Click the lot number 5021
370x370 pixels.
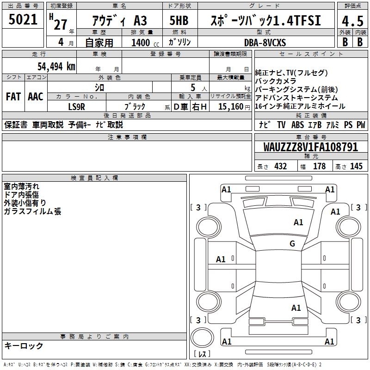pos(23,19)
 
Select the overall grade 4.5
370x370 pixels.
pos(352,21)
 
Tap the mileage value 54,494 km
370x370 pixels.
pos(56,67)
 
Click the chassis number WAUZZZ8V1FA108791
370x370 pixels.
pos(310,147)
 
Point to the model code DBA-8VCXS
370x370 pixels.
pos(265,43)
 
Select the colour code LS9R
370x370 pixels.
pos(76,107)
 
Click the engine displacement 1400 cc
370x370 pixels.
pos(145,43)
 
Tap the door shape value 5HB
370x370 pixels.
pos(179,20)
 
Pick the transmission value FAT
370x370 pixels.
pos(13,97)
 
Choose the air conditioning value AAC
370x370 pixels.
pos(36,97)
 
